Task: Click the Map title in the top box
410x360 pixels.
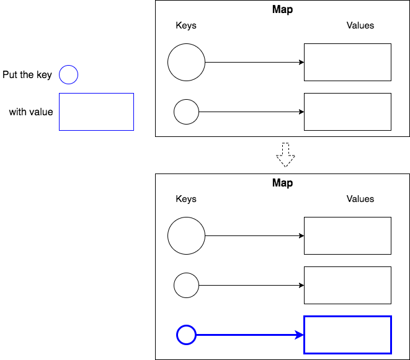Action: point(282,9)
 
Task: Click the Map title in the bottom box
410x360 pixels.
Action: point(282,183)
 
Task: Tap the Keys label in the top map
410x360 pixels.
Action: point(186,25)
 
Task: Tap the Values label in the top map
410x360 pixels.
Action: point(360,25)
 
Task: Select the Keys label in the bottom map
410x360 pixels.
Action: point(186,199)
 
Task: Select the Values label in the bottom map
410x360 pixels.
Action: point(360,199)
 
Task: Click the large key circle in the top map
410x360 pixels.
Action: point(186,63)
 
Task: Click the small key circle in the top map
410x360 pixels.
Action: point(186,112)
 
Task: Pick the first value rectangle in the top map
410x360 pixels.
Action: point(347,62)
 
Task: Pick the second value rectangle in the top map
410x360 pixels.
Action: point(347,112)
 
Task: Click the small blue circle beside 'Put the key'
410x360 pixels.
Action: point(68,75)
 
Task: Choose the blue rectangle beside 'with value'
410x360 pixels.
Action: point(96,112)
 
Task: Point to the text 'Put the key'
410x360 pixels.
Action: point(27,75)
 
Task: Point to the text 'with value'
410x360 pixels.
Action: point(31,112)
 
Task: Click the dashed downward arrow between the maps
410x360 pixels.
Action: point(285,155)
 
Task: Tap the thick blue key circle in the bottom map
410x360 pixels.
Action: point(186,335)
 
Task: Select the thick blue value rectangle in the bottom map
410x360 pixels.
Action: point(347,335)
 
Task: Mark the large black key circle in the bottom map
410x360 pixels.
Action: point(186,236)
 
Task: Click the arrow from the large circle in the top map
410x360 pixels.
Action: point(254,63)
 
